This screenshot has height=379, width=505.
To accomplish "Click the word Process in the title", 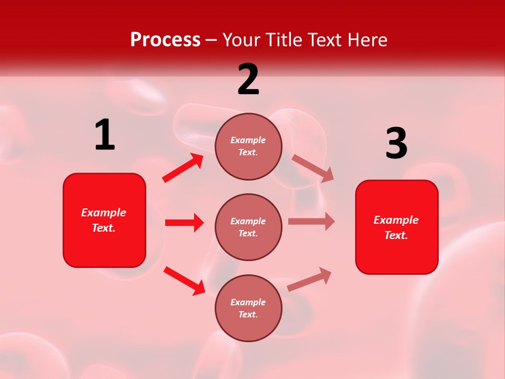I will tap(165, 40).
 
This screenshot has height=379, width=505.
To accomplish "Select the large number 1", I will tap(105, 135).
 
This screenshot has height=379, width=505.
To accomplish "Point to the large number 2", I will tap(248, 79).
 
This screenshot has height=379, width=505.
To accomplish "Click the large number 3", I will tap(396, 144).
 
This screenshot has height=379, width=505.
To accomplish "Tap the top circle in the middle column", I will tap(248, 146).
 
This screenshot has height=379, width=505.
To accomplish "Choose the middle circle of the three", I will tap(248, 227).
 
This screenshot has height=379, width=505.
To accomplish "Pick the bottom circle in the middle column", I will tap(248, 308).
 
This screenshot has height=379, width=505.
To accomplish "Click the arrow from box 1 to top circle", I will tap(183, 168).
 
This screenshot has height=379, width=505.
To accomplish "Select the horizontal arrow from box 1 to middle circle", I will tap(184, 223).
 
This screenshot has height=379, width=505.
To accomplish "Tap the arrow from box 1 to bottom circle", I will tap(184, 281).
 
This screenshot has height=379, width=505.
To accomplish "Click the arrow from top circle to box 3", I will tap(312, 168).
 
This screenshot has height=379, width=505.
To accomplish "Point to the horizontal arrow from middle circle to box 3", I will tap(311, 222).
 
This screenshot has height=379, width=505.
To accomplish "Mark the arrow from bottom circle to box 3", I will tap(310, 279).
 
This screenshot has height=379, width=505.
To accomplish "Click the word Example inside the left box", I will tap(104, 213).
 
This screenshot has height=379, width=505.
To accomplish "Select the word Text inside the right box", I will tap(396, 235).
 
